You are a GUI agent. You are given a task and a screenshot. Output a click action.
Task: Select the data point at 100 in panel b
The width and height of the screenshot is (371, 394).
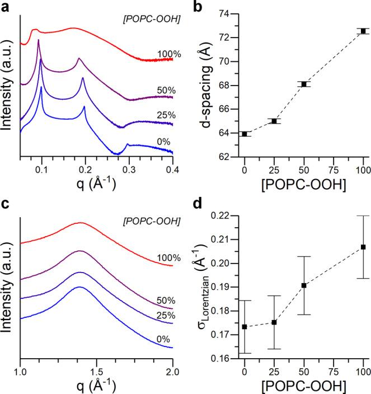click(x=363, y=31)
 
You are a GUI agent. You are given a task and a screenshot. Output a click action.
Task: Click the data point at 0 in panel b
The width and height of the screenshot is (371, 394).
click(x=245, y=134)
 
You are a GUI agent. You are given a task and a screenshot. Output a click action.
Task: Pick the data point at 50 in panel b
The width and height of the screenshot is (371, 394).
click(x=304, y=84)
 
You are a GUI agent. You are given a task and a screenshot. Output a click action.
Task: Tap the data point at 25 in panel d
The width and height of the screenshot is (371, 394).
click(x=274, y=322)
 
